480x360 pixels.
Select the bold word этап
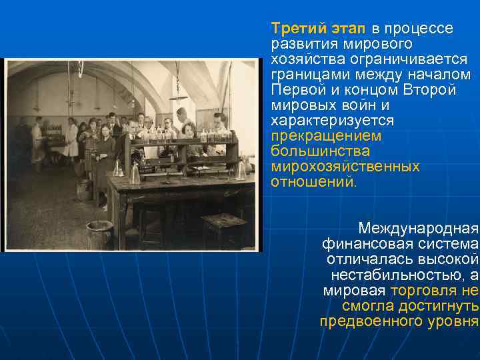coord(347,29)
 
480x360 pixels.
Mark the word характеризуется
coord(332,121)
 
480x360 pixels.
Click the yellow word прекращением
coord(326,136)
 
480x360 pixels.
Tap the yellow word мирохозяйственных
coord(345,167)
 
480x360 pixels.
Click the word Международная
coord(419,229)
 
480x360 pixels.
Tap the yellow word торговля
coord(424,291)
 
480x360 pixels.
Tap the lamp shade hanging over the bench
coord(178,97)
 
